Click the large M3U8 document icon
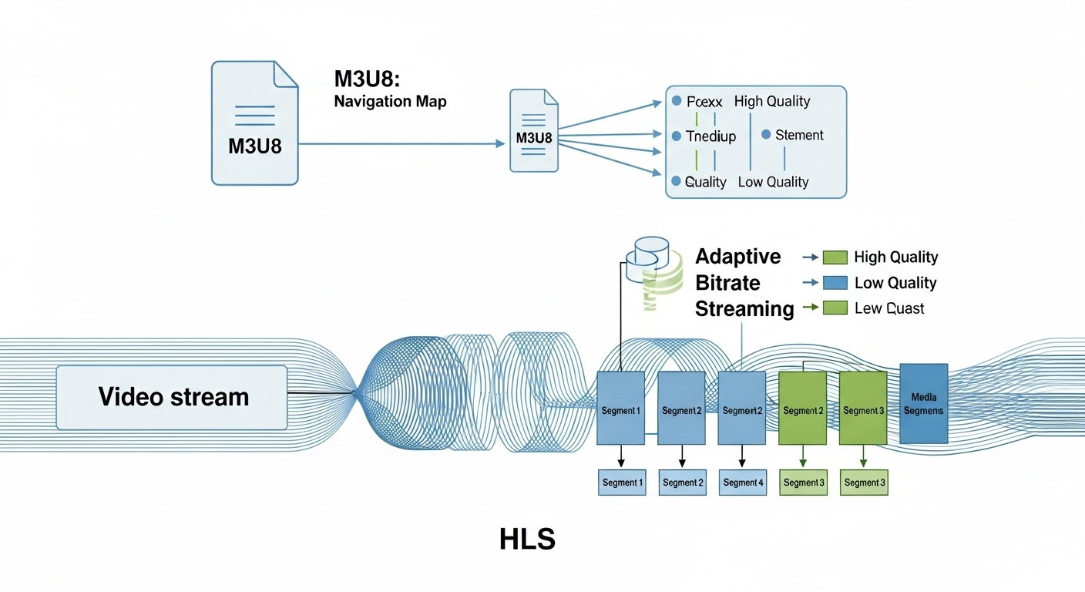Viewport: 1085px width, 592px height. point(254,123)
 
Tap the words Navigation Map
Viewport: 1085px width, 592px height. point(390,101)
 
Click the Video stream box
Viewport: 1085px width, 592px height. point(172,397)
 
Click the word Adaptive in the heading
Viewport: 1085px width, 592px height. point(737,257)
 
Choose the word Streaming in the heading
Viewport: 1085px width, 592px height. point(744,309)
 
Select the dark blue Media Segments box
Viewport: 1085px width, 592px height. point(923,403)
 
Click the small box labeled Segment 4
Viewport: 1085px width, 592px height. point(743,483)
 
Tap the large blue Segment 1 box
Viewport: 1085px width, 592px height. point(620,407)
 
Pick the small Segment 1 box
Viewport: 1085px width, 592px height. point(622,483)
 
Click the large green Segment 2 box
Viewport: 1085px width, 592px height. point(802,407)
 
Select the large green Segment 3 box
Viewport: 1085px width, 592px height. point(862,407)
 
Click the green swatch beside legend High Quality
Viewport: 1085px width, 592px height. point(835,257)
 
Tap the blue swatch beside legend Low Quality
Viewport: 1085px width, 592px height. point(835,283)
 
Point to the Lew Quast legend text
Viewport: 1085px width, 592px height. point(889,308)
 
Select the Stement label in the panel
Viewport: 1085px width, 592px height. point(799,135)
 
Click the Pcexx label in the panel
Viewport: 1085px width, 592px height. point(700,101)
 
